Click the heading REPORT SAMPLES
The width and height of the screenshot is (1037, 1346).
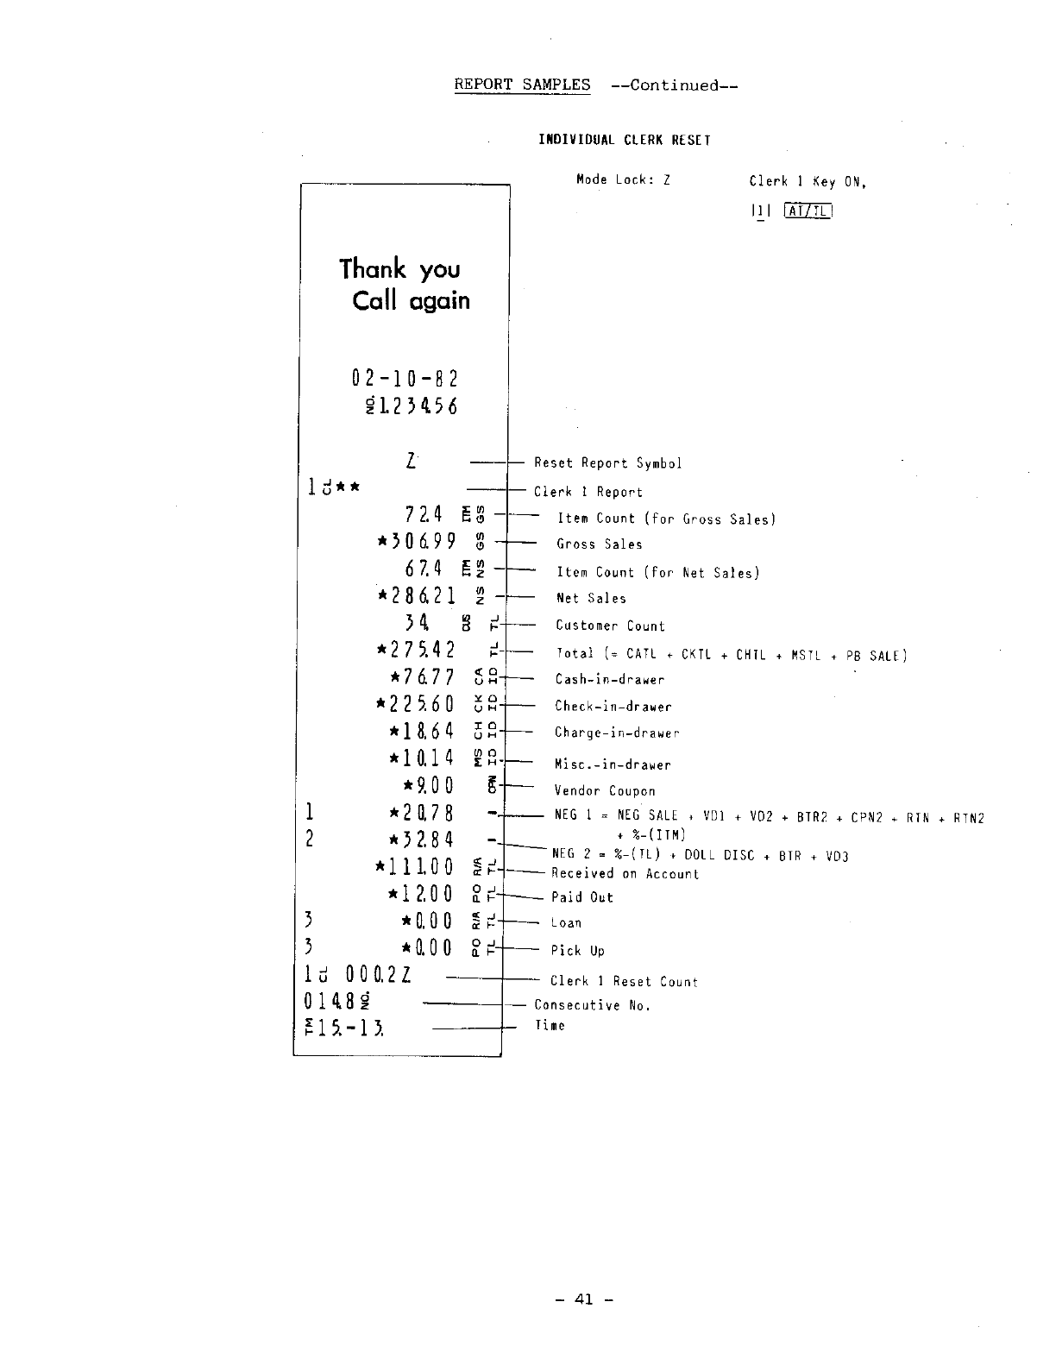522,85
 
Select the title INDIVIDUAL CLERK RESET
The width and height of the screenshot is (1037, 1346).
625,140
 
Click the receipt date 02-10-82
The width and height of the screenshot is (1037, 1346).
405,379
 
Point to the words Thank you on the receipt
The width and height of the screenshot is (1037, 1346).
399,268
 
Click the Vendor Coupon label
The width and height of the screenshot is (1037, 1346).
605,791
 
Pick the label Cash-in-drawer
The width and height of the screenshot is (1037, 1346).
610,680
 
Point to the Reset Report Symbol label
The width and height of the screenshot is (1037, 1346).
607,463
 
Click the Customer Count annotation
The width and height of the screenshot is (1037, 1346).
610,626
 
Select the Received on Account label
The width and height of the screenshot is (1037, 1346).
625,874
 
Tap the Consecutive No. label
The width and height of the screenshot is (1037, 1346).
592,1005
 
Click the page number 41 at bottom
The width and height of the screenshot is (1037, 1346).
584,1299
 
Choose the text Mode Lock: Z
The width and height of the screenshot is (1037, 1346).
623,180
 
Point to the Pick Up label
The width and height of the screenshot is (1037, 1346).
578,951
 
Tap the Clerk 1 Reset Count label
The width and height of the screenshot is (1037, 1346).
624,982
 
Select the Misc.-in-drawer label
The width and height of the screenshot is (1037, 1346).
613,764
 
